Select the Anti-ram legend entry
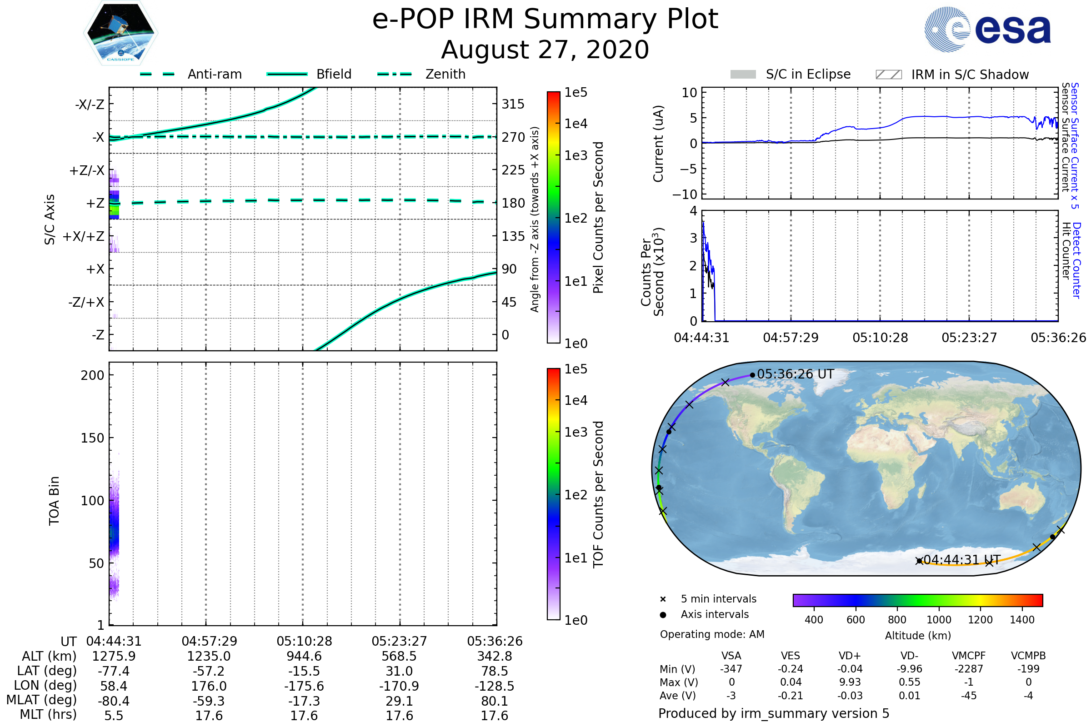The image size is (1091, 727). pyautogui.click(x=214, y=74)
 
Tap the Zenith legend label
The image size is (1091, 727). pyautogui.click(x=445, y=74)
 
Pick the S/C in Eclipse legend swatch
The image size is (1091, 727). pyautogui.click(x=743, y=75)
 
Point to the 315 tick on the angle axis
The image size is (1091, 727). pyautogui.click(x=513, y=104)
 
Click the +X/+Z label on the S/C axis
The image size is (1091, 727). pyautogui.click(x=84, y=236)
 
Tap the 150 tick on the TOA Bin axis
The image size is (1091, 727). pyautogui.click(x=92, y=438)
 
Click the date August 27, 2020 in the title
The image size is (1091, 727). pyautogui.click(x=545, y=50)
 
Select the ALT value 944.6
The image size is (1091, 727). pyautogui.click(x=304, y=657)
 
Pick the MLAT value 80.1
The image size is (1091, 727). pyautogui.click(x=495, y=701)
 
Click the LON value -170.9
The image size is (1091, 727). pyautogui.click(x=399, y=686)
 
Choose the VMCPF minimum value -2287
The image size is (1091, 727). pyautogui.click(x=969, y=669)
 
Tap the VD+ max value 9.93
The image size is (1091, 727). pyautogui.click(x=850, y=682)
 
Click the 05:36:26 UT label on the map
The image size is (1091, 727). pyautogui.click(x=795, y=374)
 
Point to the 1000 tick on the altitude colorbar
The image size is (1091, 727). pyautogui.click(x=939, y=620)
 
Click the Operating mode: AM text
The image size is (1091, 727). pyautogui.click(x=712, y=634)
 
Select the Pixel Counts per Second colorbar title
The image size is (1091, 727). pyautogui.click(x=598, y=218)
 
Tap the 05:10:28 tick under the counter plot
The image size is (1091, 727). pyautogui.click(x=880, y=338)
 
